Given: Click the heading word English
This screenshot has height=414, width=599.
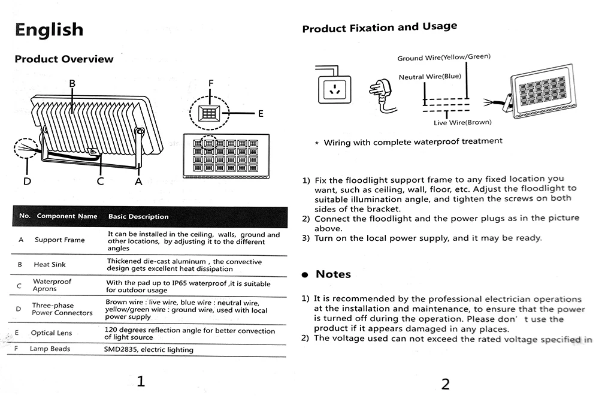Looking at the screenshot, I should (49, 29).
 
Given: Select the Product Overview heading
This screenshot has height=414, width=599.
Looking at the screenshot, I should (63, 59).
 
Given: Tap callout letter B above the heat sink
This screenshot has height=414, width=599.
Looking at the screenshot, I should (72, 84).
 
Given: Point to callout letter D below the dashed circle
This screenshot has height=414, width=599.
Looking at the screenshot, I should (27, 180).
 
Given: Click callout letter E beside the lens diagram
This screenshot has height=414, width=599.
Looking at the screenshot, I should (261, 113).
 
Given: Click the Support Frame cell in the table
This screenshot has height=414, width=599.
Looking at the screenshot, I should (59, 240).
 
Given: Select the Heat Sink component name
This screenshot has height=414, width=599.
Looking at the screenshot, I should (50, 264).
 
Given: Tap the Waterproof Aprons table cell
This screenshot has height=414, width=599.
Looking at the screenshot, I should (52, 285).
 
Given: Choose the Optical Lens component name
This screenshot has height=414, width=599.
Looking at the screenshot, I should (52, 333).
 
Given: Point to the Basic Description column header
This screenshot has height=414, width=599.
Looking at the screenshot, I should (138, 216).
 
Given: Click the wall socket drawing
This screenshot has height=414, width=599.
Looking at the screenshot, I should (332, 90).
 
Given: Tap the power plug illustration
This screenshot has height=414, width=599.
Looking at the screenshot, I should (381, 95).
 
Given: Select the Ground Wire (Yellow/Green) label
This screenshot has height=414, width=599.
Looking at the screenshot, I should (444, 58).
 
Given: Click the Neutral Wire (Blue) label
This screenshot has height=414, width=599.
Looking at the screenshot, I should (430, 77).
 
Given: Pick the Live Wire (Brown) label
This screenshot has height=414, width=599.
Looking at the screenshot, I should (462, 122).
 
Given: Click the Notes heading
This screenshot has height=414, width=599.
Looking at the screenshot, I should (333, 274).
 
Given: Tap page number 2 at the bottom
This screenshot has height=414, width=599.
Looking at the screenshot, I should (445, 385).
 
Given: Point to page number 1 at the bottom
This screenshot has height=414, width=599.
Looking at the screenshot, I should (141, 381).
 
